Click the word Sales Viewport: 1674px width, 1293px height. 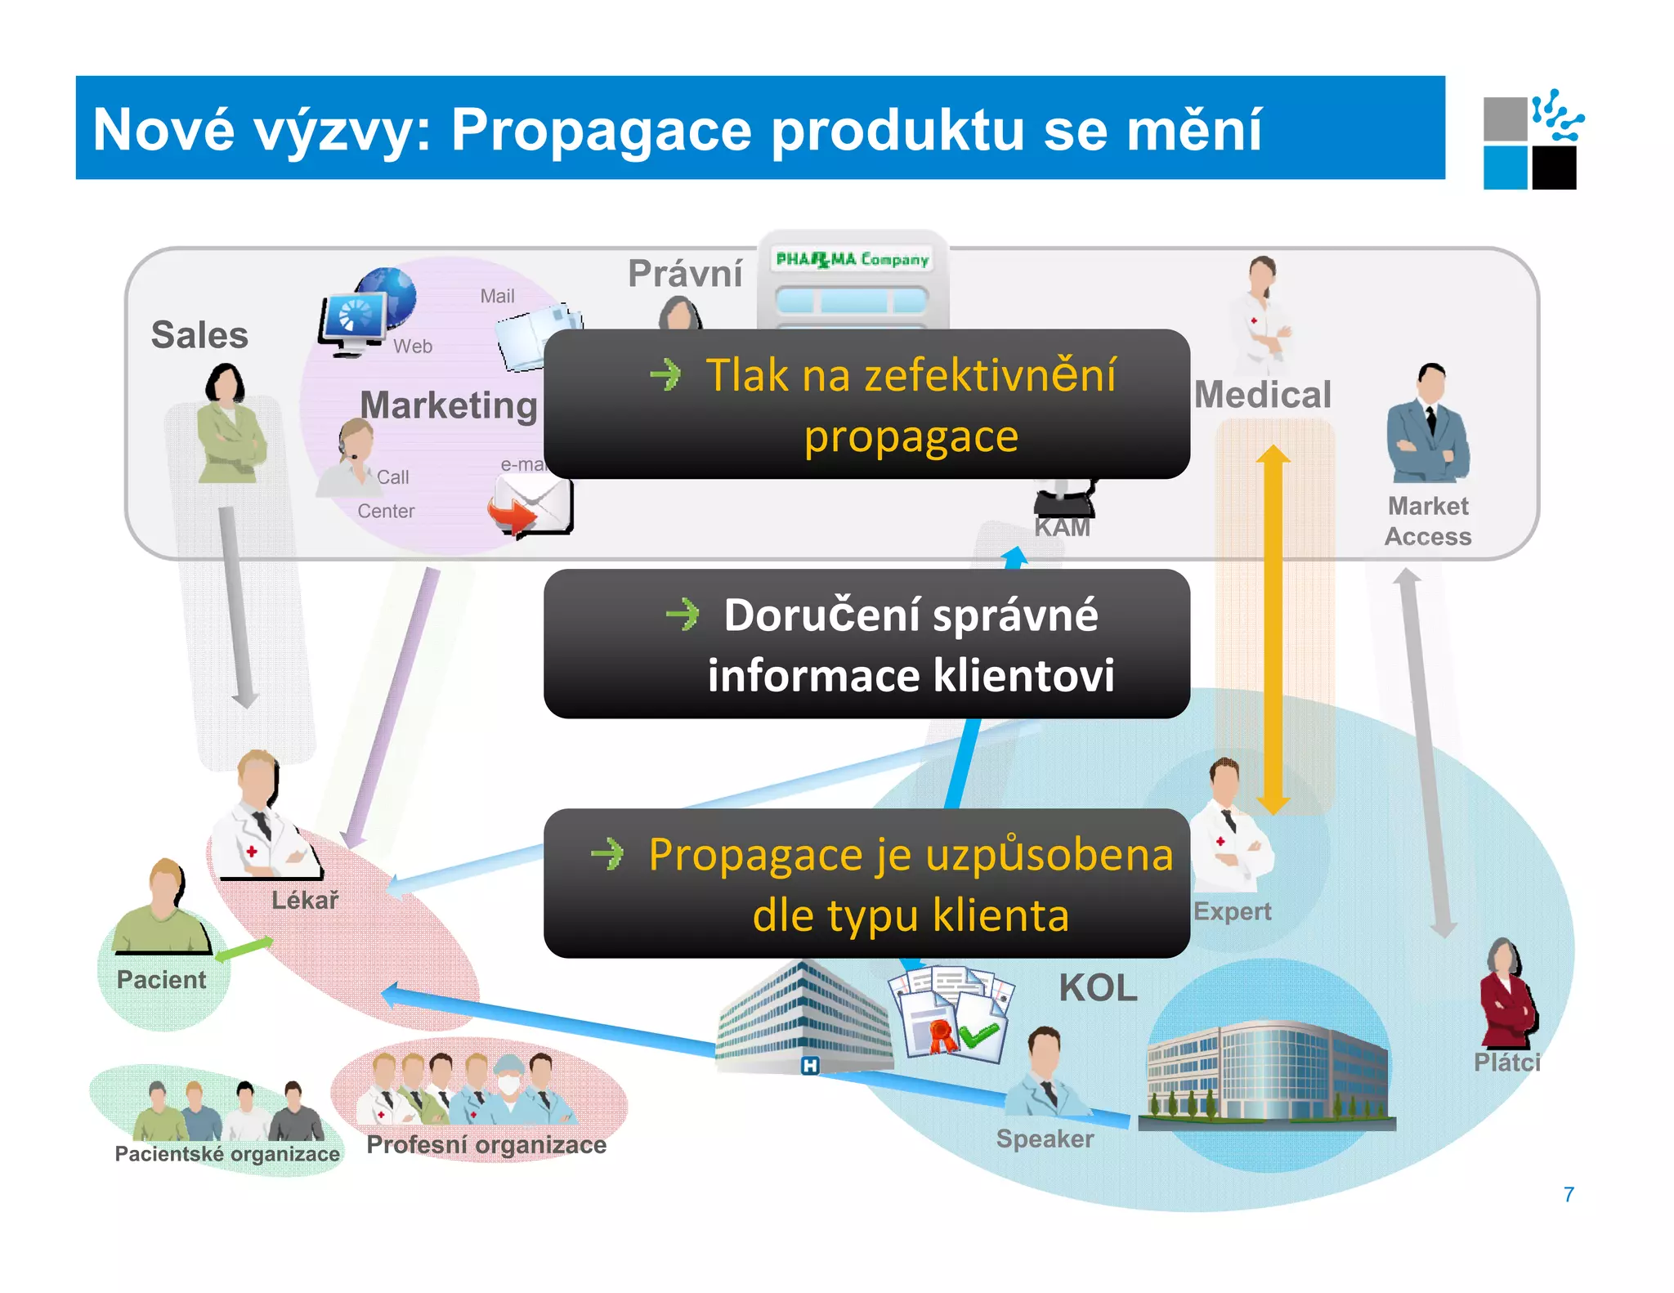click(199, 335)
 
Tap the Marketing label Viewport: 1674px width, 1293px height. click(449, 405)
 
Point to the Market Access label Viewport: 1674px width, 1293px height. click(1428, 521)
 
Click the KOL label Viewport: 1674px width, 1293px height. click(1098, 988)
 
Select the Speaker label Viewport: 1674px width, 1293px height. click(1045, 1139)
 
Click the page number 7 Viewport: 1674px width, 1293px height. click(1569, 1194)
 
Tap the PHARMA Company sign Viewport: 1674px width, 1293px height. click(853, 260)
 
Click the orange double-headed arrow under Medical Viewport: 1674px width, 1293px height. click(1273, 629)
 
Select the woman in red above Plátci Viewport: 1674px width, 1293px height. click(1509, 994)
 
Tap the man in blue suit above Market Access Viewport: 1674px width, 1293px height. click(1428, 425)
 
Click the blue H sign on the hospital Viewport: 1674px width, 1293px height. click(809, 1065)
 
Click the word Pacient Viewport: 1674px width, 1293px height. click(162, 979)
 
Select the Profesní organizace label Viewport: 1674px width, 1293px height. click(486, 1144)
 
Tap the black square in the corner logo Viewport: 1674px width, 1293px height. click(1554, 168)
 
